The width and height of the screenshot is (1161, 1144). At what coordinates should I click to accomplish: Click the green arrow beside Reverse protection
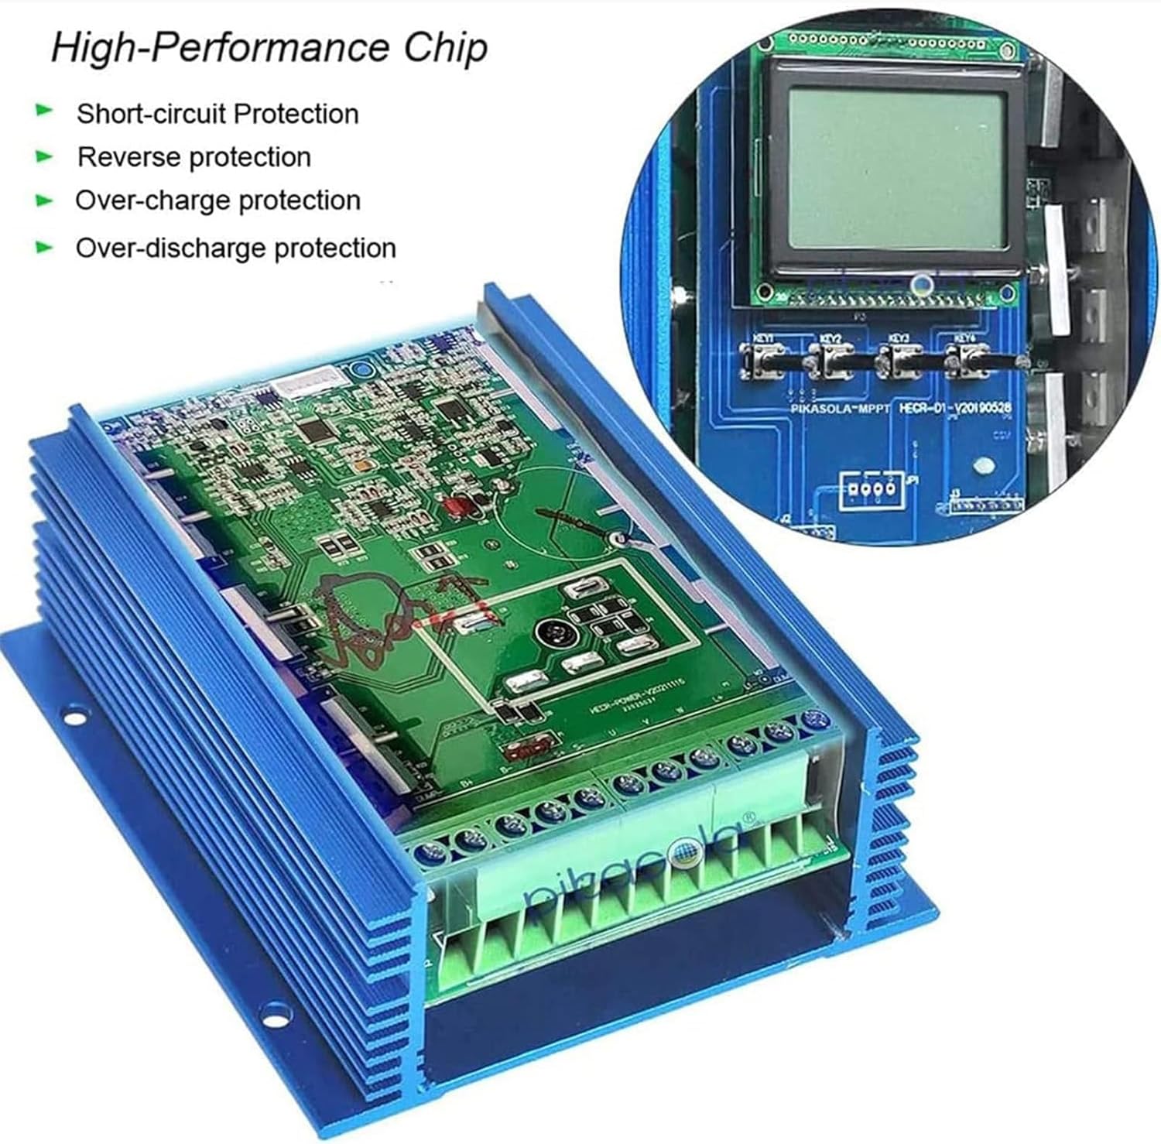(x=45, y=157)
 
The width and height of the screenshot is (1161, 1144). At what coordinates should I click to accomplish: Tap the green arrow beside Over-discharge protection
(x=45, y=248)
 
